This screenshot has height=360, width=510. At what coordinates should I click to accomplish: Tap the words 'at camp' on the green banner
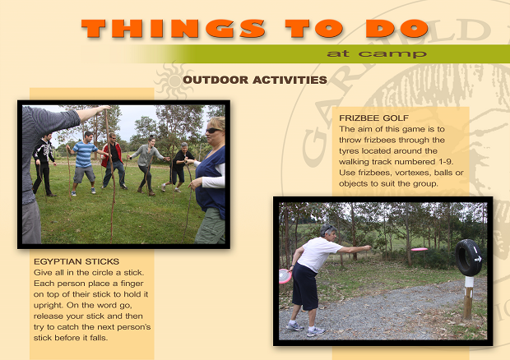tap(377, 53)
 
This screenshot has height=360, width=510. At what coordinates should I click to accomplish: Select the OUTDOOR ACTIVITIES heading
tap(255, 80)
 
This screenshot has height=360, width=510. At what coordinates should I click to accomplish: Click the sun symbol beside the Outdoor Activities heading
tap(174, 81)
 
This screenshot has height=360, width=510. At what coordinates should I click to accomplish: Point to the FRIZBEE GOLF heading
tap(373, 118)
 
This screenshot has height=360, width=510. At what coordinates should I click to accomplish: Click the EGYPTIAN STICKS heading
tap(76, 261)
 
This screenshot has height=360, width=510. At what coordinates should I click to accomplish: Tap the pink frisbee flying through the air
tap(420, 249)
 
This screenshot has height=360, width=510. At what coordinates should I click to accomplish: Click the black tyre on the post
tap(468, 257)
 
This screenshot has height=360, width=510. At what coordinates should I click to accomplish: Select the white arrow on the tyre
tap(478, 259)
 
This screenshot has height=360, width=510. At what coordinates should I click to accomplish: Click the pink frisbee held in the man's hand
tap(285, 276)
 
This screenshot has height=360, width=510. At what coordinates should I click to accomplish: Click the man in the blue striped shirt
tap(84, 163)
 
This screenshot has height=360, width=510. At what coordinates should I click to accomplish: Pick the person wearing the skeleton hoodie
tap(44, 164)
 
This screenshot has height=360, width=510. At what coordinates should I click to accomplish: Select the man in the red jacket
tap(113, 161)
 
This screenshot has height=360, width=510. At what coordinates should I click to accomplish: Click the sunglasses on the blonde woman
tap(214, 131)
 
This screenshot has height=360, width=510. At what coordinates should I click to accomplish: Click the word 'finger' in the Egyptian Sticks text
tap(132, 284)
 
